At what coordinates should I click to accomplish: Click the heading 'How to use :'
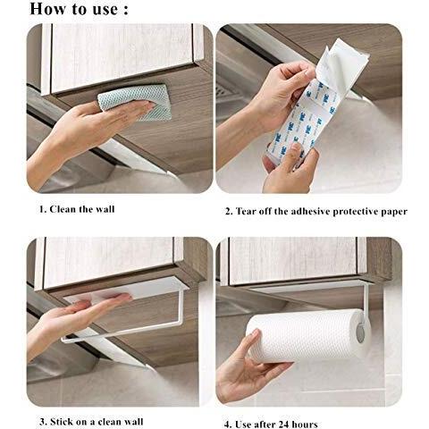79,9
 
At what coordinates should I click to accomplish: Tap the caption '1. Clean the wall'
77,209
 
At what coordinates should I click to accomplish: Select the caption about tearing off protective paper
316,211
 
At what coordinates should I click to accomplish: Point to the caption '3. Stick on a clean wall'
91,422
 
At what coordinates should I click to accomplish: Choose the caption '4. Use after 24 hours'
271,424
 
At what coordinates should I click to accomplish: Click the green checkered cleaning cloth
135,101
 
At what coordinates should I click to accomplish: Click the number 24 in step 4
284,424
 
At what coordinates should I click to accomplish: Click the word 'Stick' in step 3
62,422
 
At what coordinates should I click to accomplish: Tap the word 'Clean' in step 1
63,209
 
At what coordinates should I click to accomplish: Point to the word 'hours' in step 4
306,424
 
